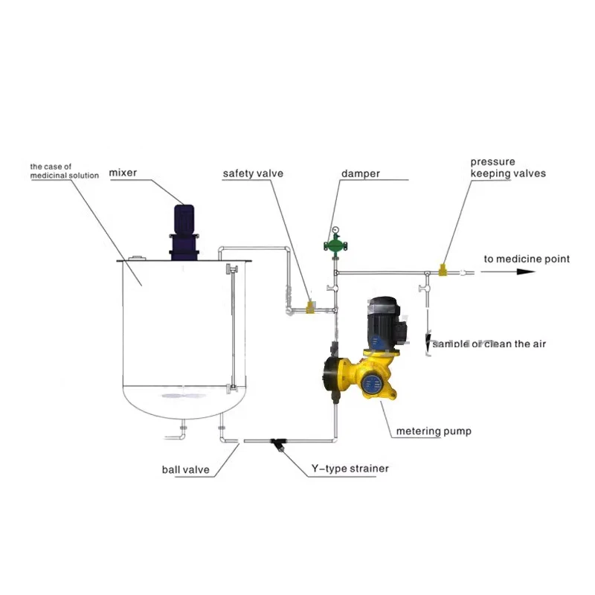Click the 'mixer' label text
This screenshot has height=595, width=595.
(x=123, y=173)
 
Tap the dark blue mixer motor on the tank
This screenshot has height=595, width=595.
(x=184, y=232)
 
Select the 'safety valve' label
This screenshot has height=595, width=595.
(x=253, y=174)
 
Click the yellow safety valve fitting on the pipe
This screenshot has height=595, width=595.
(x=311, y=306)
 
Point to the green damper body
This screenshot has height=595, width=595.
(x=335, y=245)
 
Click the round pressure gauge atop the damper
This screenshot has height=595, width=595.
(x=335, y=230)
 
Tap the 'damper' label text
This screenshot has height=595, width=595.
(x=361, y=174)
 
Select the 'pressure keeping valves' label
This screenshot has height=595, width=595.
(x=508, y=168)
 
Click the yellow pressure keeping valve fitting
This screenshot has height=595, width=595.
(x=443, y=270)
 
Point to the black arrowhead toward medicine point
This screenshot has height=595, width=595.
(x=526, y=271)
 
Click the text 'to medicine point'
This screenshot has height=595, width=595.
(x=527, y=259)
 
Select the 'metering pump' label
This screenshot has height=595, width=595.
(x=434, y=431)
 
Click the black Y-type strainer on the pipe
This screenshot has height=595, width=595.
(x=279, y=444)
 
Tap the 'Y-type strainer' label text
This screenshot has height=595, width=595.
(x=350, y=469)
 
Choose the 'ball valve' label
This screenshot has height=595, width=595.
(x=185, y=470)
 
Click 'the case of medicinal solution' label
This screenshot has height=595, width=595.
(x=65, y=171)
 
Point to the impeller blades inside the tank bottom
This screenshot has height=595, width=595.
(x=184, y=396)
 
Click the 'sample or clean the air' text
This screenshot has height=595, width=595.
(x=489, y=344)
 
